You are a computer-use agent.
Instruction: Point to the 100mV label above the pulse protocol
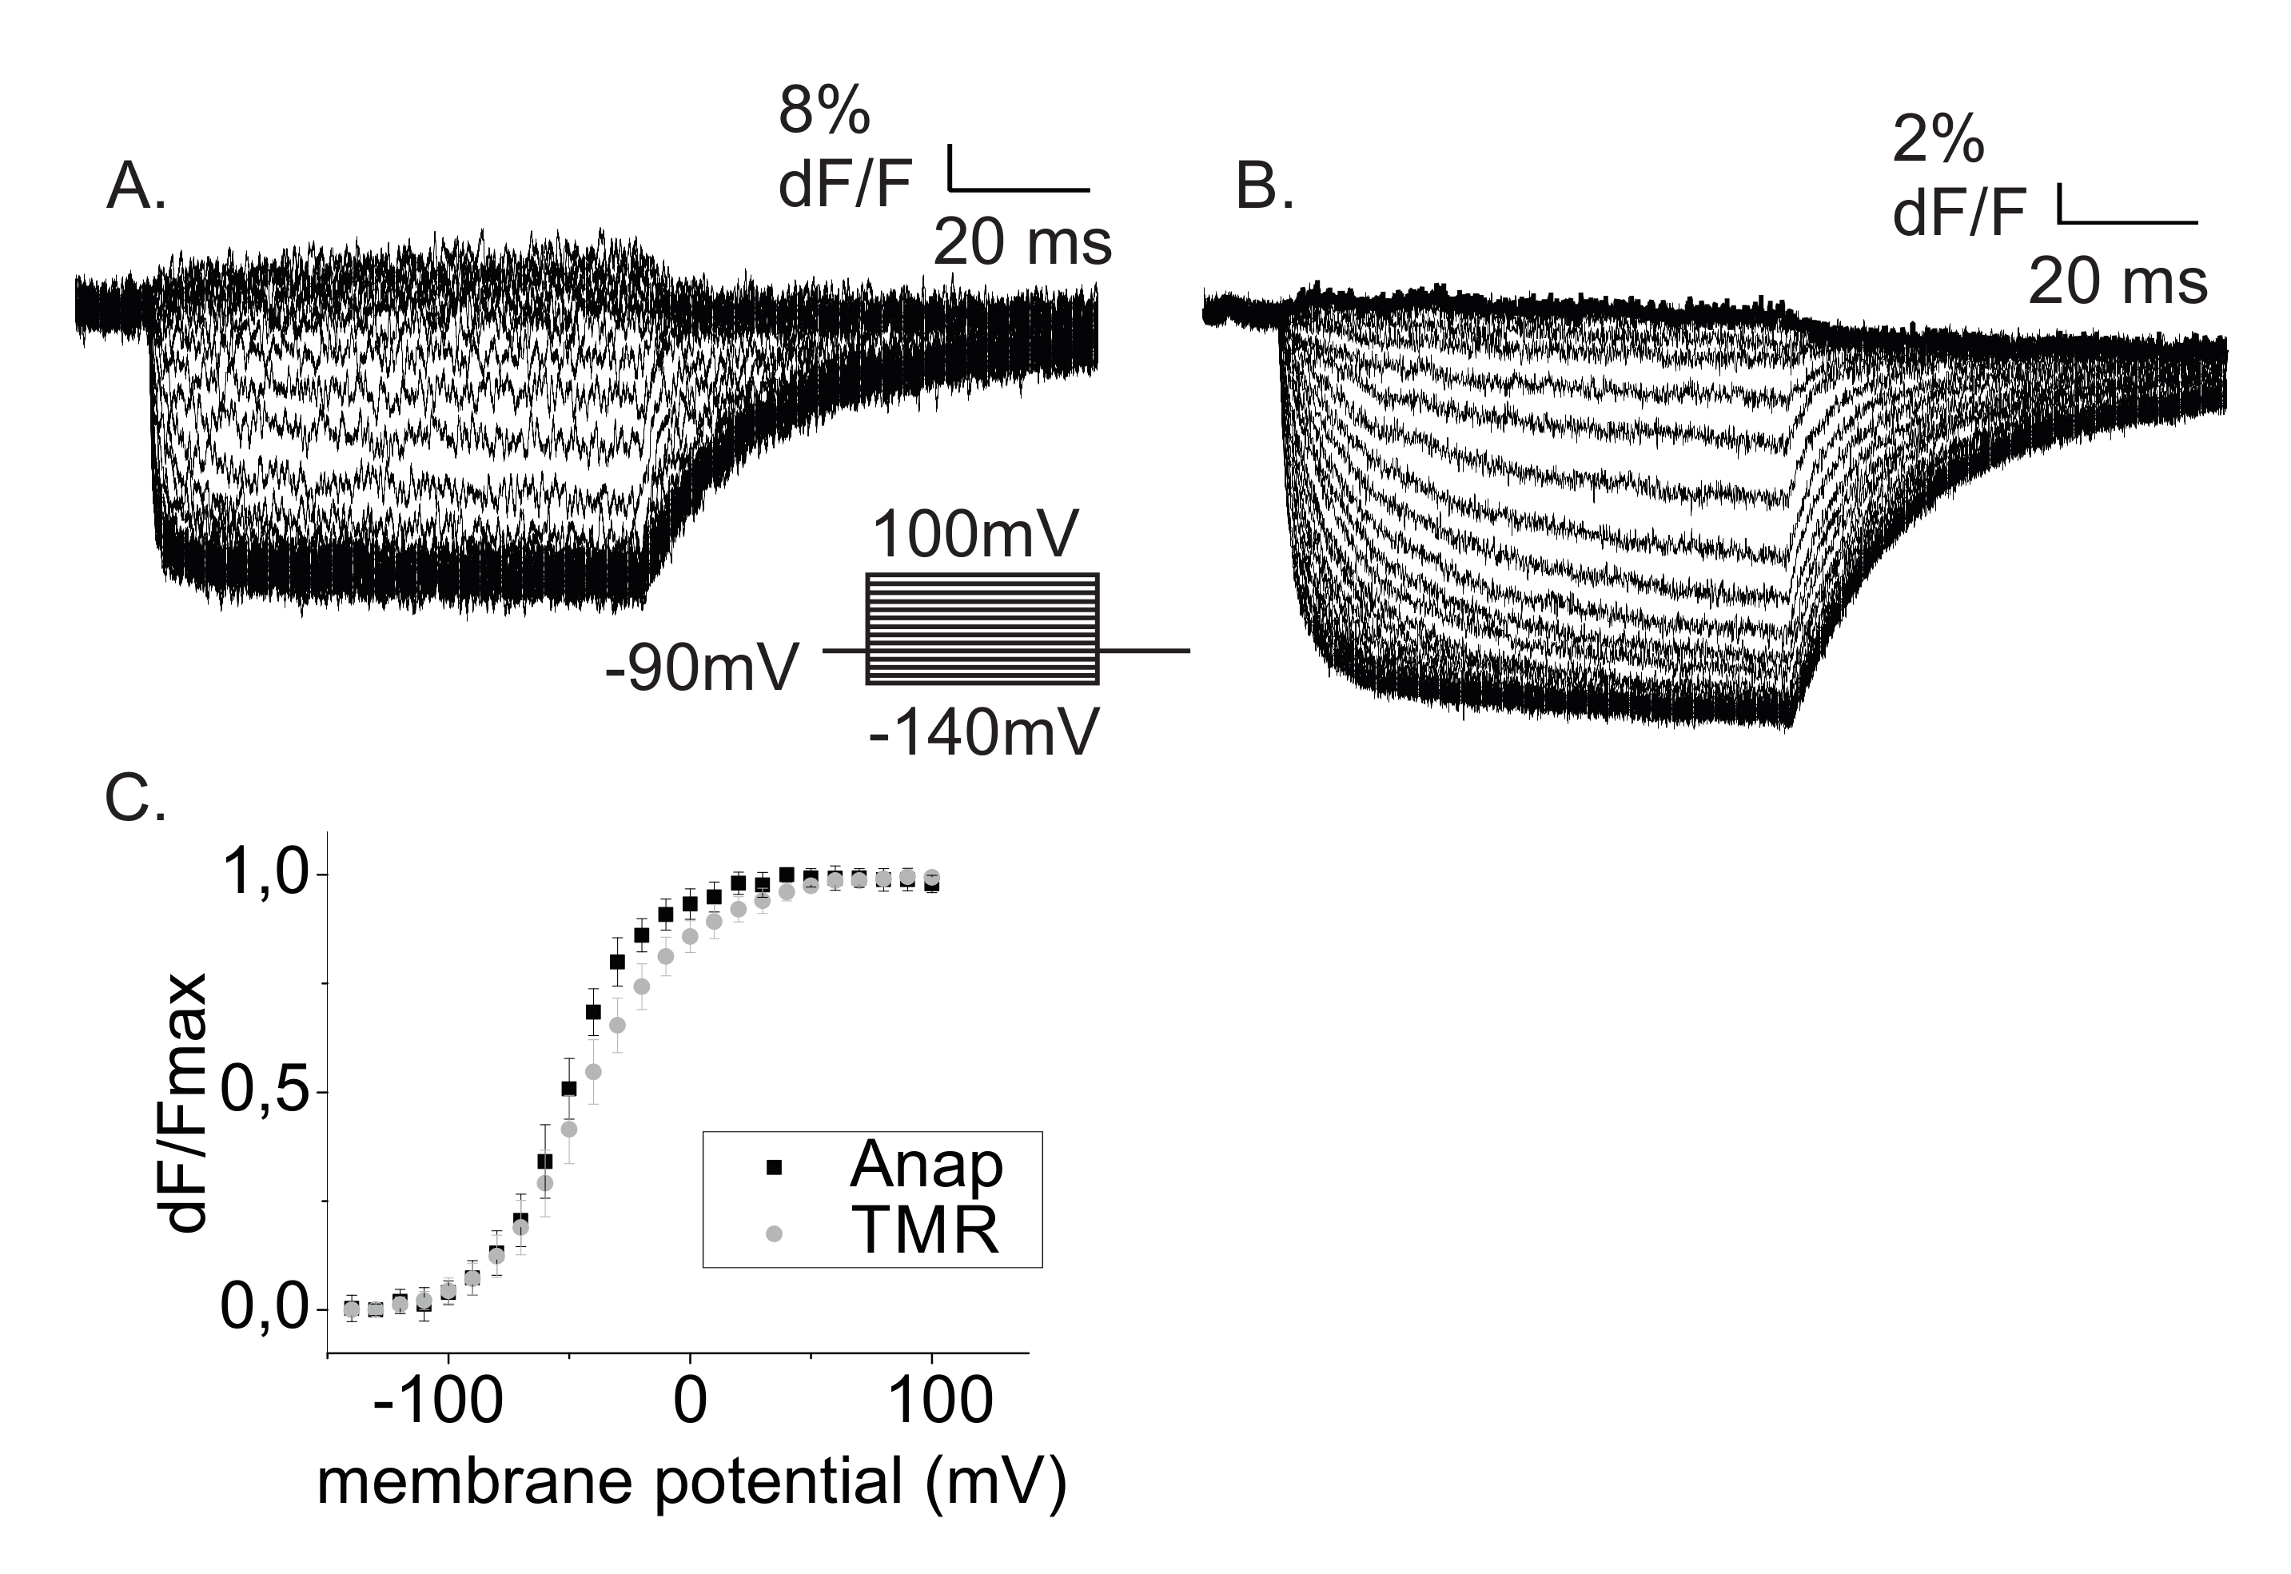tap(975, 536)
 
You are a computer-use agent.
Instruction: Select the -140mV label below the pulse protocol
tap(983, 734)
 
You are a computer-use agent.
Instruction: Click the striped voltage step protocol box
tap(982, 628)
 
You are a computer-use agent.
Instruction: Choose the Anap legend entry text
tap(926, 1166)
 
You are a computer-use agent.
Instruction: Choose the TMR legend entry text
tap(924, 1231)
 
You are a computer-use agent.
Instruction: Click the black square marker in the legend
tap(774, 1168)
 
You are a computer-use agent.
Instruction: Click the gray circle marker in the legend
tap(774, 1233)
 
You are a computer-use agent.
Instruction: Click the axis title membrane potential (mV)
tap(691, 1482)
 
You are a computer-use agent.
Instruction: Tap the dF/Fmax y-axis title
tap(186, 1102)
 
